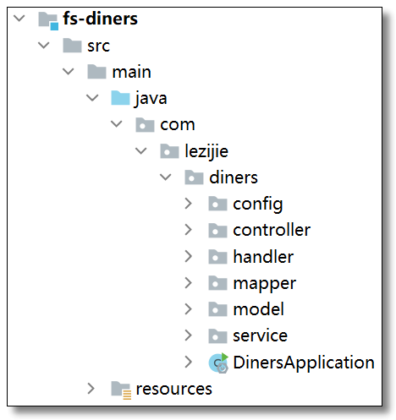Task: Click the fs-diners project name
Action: pos(100,19)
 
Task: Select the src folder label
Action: pos(98,46)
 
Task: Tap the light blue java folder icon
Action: pos(120,98)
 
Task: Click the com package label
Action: pos(178,124)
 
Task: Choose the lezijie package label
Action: pos(206,151)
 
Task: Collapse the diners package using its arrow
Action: pos(165,177)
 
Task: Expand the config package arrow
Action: pos(188,204)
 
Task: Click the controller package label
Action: pos(272,230)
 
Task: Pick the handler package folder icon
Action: pos(217,257)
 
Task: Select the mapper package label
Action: pos(265,284)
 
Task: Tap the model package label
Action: pos(258,309)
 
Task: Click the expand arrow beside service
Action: pos(188,335)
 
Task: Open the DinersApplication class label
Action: pos(304,363)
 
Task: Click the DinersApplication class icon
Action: pos(218,363)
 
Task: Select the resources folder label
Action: pos(173,389)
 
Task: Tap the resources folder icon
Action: pos(121,390)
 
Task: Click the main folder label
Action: pos(131,72)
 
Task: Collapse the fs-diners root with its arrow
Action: pos(19,19)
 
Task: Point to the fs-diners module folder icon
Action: pos(48,20)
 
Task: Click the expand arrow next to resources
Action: pos(91,388)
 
